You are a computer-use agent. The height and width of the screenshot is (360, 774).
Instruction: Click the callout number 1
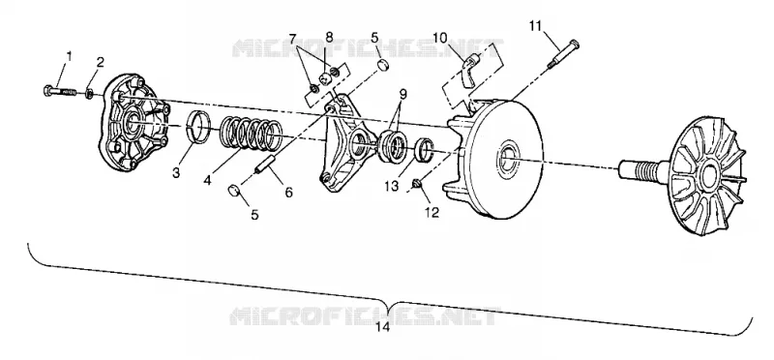[69, 56]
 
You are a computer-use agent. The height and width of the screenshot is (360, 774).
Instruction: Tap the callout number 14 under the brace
[382, 327]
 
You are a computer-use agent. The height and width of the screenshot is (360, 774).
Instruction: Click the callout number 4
[207, 181]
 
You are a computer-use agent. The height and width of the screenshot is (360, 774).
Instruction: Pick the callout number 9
[403, 93]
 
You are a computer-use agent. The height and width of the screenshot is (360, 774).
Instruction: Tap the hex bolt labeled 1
[60, 92]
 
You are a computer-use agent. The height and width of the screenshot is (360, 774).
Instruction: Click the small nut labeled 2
[89, 93]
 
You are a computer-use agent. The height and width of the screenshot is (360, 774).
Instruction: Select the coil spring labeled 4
[251, 134]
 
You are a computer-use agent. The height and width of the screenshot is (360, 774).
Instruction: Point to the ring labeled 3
[200, 127]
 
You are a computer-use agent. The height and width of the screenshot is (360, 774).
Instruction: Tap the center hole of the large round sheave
[507, 158]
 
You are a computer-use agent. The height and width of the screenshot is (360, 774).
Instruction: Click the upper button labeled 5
[383, 66]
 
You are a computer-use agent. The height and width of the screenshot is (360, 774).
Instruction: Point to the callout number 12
[432, 212]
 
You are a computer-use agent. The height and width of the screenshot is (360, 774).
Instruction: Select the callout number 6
[287, 192]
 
